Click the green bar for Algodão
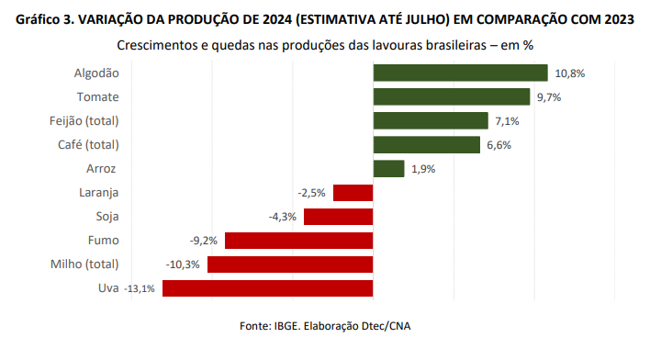(x=460, y=73)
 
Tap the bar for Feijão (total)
(x=431, y=120)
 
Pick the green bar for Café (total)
(x=427, y=144)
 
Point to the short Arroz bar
(x=388, y=168)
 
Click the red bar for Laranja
(x=353, y=193)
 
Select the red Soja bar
(x=338, y=217)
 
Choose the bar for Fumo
(x=298, y=241)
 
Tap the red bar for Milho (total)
(x=290, y=264)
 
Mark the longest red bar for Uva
(x=267, y=288)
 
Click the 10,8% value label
(x=569, y=73)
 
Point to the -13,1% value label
(x=140, y=288)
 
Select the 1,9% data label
(x=423, y=169)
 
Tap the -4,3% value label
(x=283, y=217)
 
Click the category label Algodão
(x=96, y=73)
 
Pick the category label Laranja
(x=100, y=193)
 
